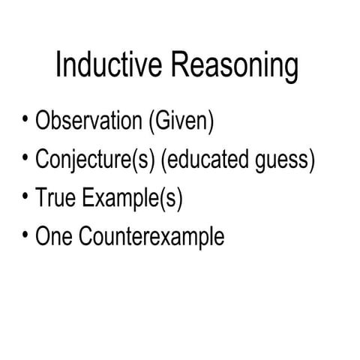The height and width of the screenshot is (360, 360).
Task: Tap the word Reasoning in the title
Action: [x=235, y=67]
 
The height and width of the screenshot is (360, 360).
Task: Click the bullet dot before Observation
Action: [x=26, y=118]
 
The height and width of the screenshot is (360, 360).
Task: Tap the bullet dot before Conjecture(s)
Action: [x=26, y=157]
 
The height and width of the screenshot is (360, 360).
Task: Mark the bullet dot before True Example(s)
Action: [x=26, y=196]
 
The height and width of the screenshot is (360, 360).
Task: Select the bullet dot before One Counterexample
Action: [x=26, y=235]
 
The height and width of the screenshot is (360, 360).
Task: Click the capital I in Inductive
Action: [x=59, y=66]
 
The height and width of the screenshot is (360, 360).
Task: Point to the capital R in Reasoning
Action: [x=180, y=66]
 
